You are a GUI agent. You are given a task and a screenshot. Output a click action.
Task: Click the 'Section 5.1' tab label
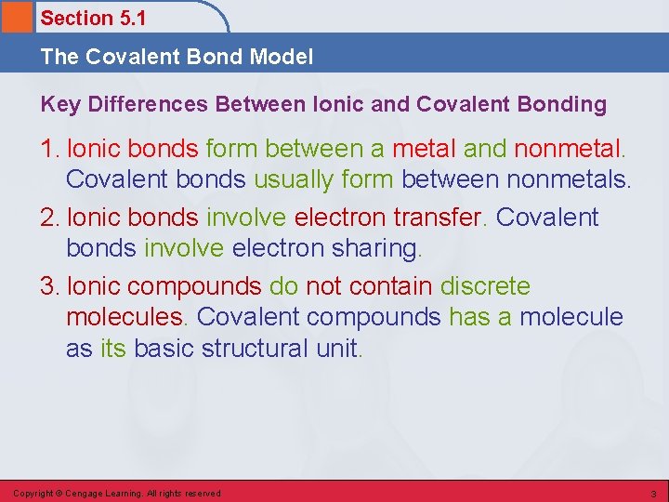point(93,18)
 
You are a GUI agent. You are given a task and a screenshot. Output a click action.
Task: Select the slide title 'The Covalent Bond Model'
point(177,57)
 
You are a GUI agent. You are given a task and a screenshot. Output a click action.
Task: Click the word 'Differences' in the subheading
point(148,104)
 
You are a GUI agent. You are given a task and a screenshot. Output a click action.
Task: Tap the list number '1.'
point(51,148)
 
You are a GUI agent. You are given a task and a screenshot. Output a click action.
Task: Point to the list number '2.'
point(51,218)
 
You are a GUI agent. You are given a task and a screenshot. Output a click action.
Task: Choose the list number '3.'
point(51,286)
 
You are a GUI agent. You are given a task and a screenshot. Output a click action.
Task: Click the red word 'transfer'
point(439,218)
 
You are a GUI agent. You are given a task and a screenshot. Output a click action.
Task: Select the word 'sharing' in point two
point(374,248)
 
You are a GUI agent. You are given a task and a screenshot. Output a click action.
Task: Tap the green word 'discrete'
point(485,286)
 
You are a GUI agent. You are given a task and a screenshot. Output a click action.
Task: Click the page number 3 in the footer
point(653,493)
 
